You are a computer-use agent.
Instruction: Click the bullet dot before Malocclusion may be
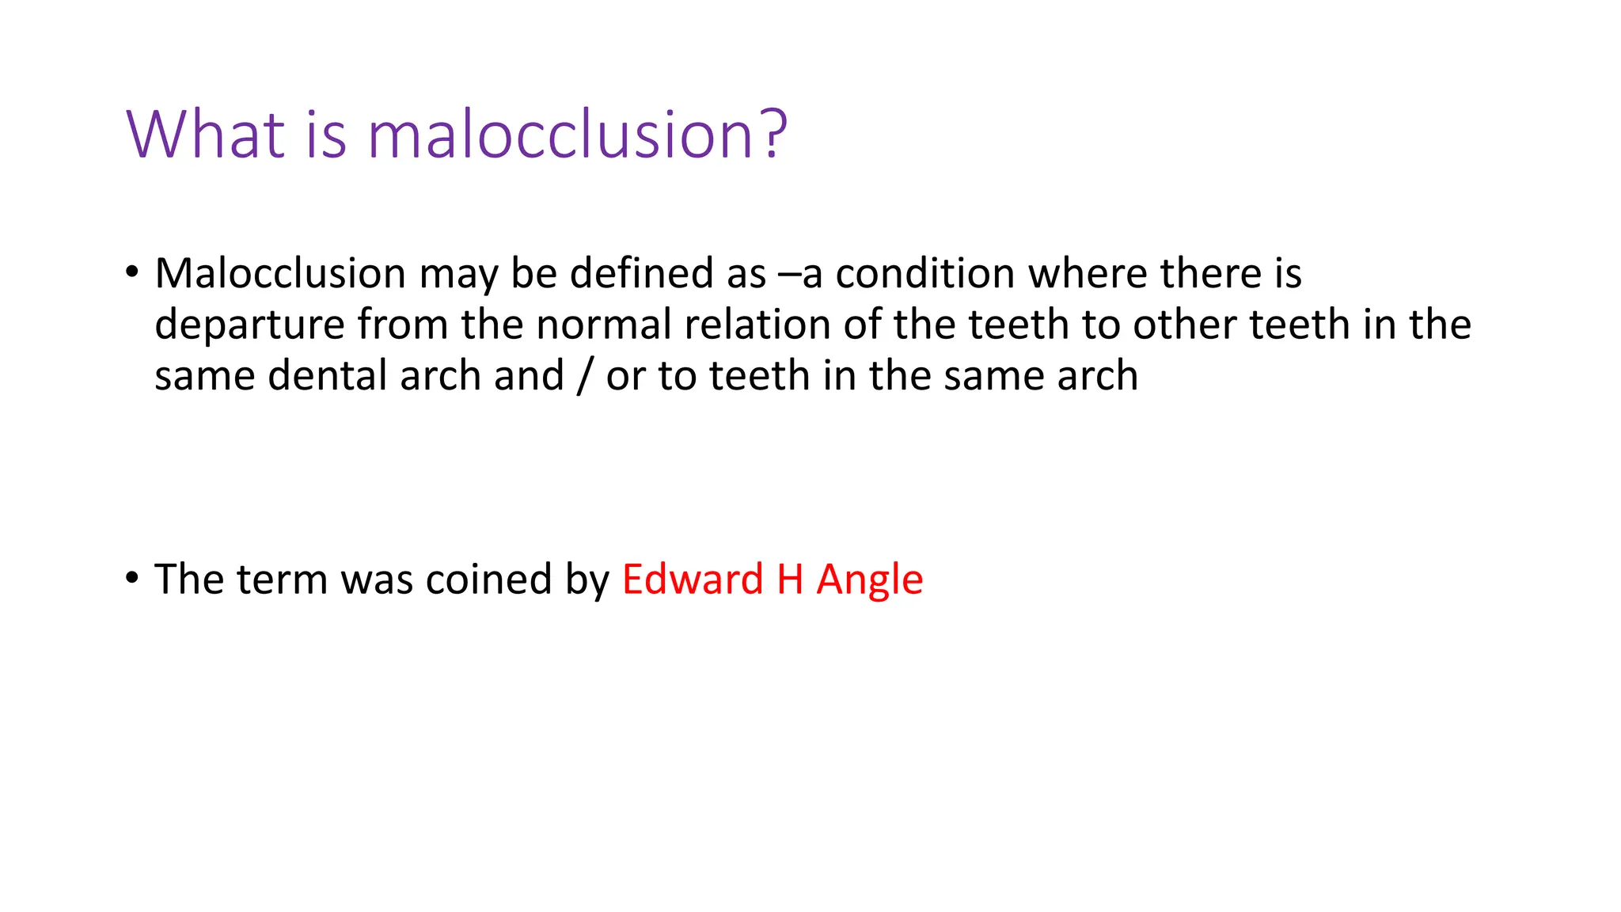[131, 272]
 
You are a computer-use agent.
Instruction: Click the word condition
[924, 273]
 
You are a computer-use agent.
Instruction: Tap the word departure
[249, 326]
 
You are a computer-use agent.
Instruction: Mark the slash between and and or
[584, 376]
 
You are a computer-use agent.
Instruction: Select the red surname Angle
[869, 580]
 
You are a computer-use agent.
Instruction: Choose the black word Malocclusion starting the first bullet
[280, 273]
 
